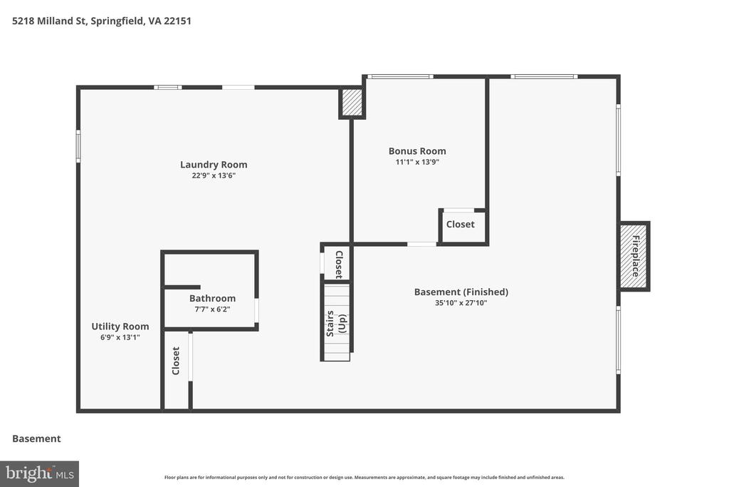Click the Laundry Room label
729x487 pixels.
pos(214,164)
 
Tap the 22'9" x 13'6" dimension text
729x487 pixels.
pos(214,175)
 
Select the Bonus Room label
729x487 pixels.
pos(417,151)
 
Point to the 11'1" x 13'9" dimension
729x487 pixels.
pos(417,162)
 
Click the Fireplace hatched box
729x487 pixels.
pos(634,257)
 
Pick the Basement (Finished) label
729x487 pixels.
pos(461,292)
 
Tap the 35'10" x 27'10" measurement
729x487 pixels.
pos(461,302)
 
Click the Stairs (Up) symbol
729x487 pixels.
pos(336,323)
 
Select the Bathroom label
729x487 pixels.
pos(212,298)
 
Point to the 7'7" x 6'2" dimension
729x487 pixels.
pos(212,309)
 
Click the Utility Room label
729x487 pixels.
pos(120,327)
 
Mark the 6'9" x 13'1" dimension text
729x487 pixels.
pos(120,337)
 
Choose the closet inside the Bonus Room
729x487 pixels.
pos(463,226)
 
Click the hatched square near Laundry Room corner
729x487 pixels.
pos(352,103)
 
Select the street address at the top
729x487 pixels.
pos(101,21)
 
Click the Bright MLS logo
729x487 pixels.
pos(40,474)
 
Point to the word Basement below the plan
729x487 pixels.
pos(36,439)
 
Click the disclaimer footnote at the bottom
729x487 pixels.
pos(364,477)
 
